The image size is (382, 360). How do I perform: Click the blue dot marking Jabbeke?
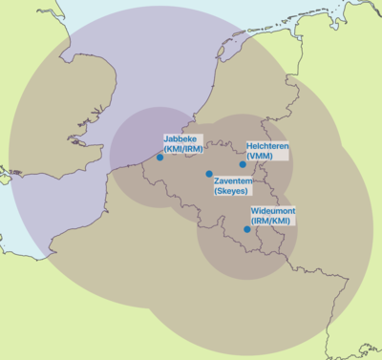[159, 157]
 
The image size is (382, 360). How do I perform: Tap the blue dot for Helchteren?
[243, 164]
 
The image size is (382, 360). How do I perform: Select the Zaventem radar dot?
[209, 174]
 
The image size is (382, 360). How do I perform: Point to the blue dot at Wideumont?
[246, 229]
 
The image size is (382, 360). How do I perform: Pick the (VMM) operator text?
[259, 156]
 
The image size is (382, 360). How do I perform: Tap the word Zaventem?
[234, 180]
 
